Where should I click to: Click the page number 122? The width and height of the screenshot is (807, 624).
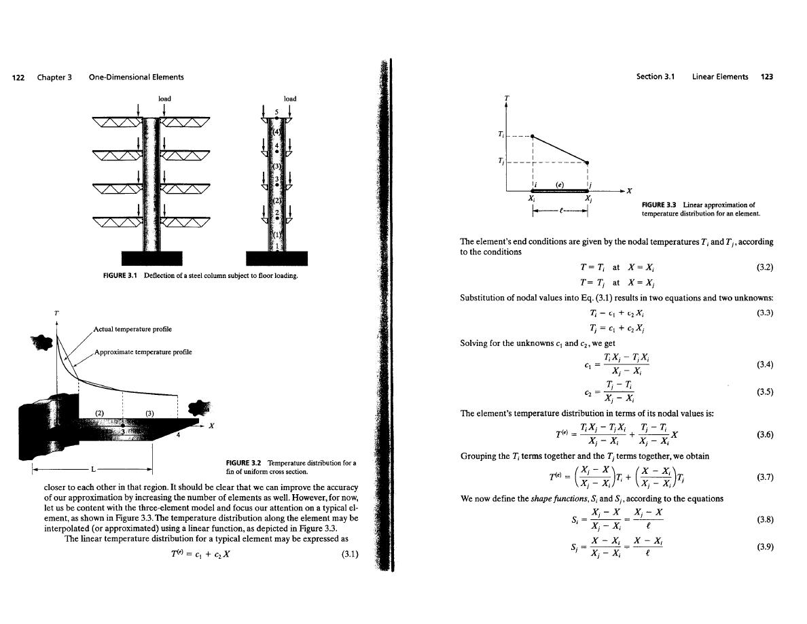[x=21, y=77]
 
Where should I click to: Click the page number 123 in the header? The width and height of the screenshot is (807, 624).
[x=767, y=77]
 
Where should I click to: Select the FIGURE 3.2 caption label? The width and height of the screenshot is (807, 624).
[x=247, y=463]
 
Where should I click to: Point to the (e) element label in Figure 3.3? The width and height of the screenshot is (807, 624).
[x=560, y=184]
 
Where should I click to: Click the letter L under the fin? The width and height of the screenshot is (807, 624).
[x=94, y=469]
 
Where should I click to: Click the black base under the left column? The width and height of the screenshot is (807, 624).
[x=151, y=258]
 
